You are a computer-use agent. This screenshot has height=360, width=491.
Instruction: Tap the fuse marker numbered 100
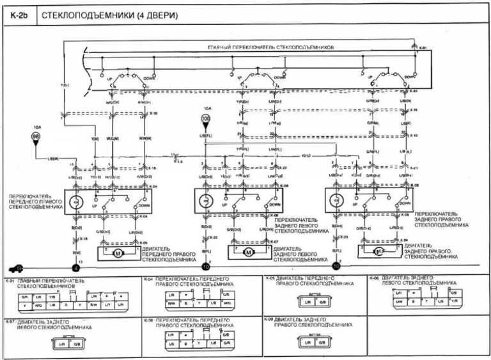click(x=205, y=119)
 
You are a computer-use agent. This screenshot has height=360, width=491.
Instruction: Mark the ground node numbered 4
click(x=75, y=268)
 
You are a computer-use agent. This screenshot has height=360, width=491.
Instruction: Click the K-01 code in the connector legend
click(x=10, y=279)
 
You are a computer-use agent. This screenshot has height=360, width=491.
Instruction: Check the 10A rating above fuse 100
click(x=205, y=109)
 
